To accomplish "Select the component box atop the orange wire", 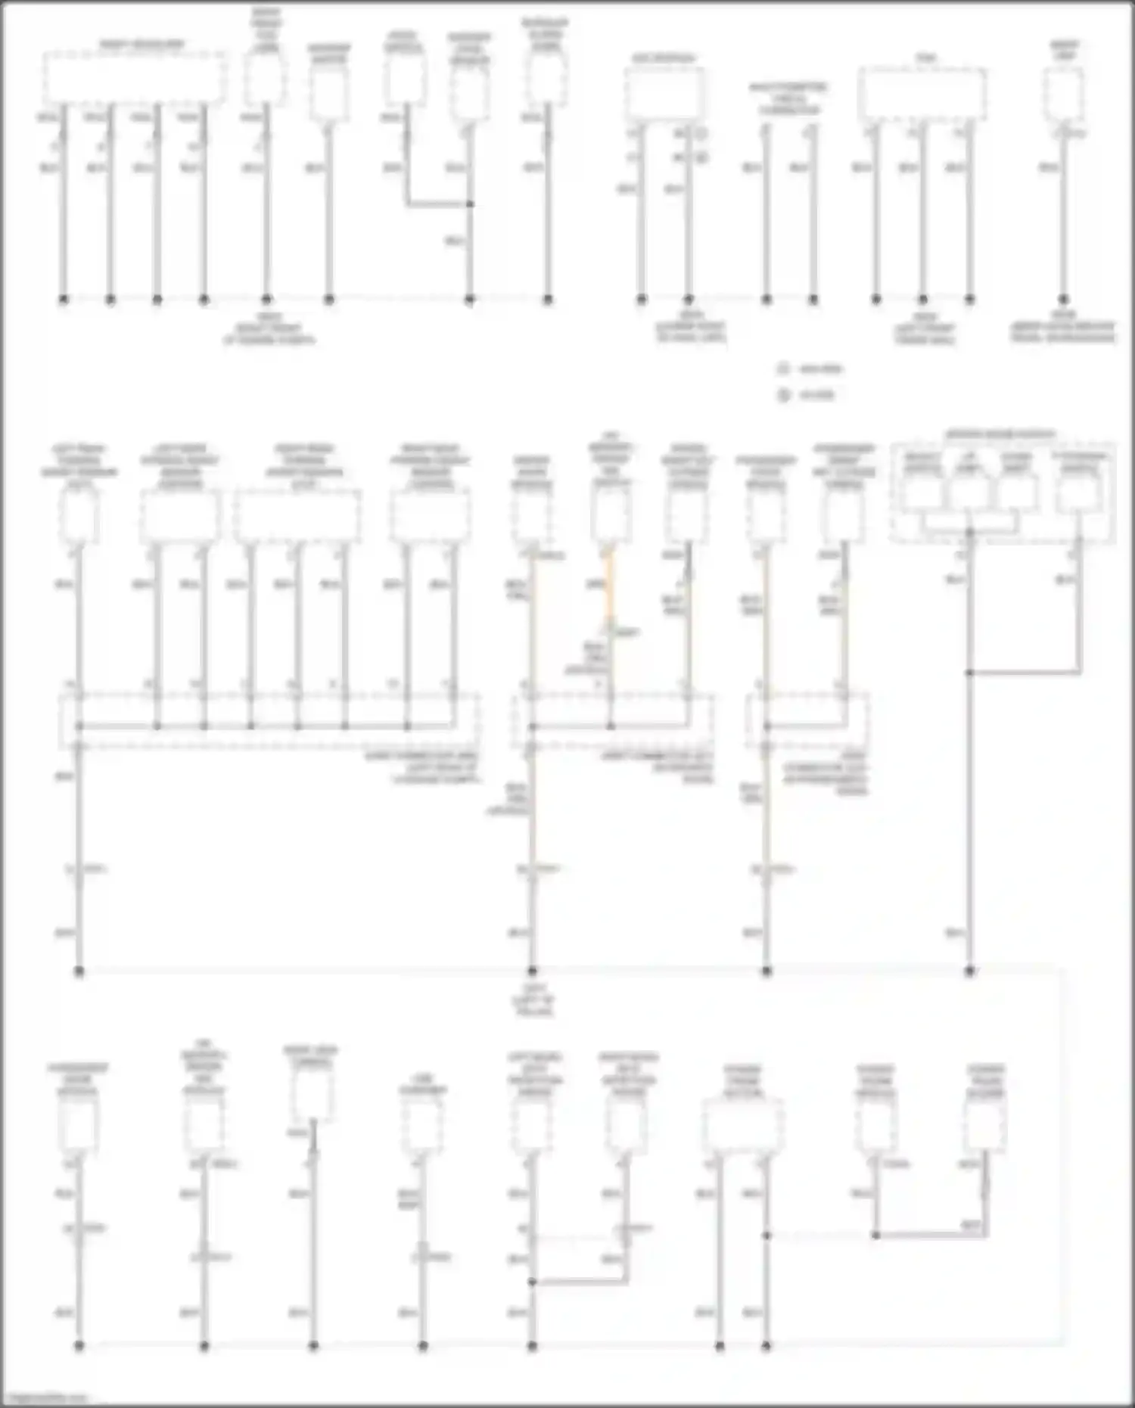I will tap(611, 514).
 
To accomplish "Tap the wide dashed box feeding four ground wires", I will tap(134, 78).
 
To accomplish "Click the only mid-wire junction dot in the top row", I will tap(470, 204).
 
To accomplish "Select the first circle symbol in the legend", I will tap(783, 369).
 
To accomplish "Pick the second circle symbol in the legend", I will tap(783, 395).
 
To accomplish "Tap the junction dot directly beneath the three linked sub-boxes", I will tap(969, 532).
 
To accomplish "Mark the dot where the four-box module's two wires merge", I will tap(969, 672).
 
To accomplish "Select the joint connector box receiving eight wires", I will tap(269, 721).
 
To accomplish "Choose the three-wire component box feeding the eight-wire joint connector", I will tap(297, 516).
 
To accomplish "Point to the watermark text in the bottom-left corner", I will tap(45, 1399).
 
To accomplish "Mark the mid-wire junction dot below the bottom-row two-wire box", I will tap(767, 1235).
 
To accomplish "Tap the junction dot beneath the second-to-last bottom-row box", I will tap(875, 1235).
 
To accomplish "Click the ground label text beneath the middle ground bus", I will tap(533, 999).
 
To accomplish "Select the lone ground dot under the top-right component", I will tap(1063, 300).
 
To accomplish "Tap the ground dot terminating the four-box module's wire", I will tap(969, 971).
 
